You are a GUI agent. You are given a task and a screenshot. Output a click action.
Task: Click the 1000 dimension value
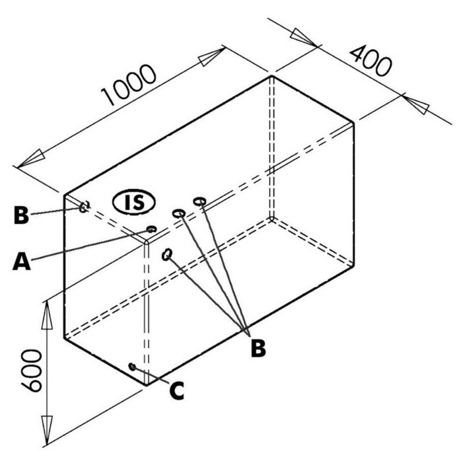(128, 85)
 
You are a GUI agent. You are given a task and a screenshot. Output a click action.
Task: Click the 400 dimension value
(371, 61)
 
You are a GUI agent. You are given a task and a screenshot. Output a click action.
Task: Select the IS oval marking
(133, 202)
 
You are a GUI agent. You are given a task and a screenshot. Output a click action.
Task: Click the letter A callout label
(21, 261)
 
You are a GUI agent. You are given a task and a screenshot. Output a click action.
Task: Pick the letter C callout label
(177, 390)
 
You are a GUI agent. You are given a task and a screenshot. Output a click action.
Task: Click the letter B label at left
(21, 215)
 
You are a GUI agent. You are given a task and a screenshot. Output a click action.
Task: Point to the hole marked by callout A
(151, 229)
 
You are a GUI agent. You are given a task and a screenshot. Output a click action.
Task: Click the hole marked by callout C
(132, 367)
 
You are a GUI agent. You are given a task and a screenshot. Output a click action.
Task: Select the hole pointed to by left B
(84, 206)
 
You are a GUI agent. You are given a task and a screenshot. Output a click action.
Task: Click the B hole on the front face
(167, 254)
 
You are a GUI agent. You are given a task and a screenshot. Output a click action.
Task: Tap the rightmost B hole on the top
(199, 201)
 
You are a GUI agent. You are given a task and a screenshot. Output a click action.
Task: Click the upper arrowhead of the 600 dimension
(47, 316)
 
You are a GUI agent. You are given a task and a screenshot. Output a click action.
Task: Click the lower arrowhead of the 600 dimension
(46, 430)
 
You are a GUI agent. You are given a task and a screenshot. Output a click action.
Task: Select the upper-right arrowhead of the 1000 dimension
(212, 57)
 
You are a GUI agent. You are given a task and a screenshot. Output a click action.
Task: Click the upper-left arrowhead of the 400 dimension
(303, 37)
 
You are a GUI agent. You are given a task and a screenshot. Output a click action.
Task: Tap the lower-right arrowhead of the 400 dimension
(416, 104)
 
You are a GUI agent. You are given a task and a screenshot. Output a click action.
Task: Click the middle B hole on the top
(179, 213)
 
